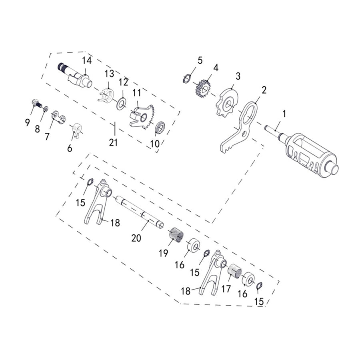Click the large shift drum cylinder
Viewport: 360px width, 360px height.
pos(310,154)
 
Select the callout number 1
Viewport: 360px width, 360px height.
pos(284,114)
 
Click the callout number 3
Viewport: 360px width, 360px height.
pos(238,76)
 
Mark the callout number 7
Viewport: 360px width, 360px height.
pos(47,136)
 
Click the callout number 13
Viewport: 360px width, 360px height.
pos(109,74)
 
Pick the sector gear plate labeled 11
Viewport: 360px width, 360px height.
pos(141,116)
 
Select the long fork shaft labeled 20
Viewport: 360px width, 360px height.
pos(140,211)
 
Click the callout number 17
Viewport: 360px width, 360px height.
pos(226,289)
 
